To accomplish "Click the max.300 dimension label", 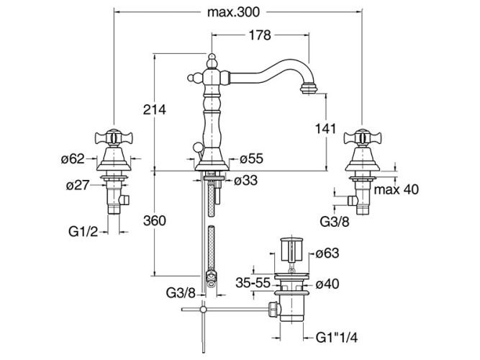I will tap(234, 12).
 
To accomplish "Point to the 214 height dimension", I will tap(155, 110).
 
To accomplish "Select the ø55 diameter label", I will tap(251, 158).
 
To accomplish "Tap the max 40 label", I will tap(396, 189).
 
